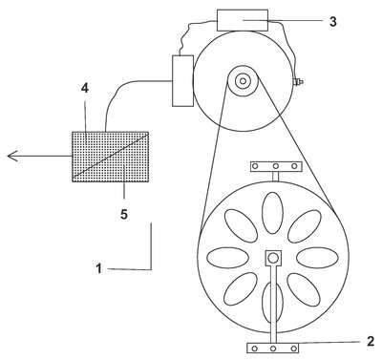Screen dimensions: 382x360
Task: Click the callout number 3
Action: coord(332,21)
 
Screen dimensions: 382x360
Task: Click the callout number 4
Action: coord(84,88)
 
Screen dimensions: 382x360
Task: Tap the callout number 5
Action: coord(124,214)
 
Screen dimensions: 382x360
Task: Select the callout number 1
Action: coord(99,268)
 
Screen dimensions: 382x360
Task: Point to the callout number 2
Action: coord(371,341)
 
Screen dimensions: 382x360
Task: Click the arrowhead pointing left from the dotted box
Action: coord(12,156)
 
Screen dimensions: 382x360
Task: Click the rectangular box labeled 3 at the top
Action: coord(243,20)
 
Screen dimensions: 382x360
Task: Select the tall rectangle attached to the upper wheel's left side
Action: coord(182,80)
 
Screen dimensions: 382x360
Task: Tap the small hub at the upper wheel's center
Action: coord(243,81)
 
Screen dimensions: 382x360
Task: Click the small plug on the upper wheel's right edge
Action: coord(297,82)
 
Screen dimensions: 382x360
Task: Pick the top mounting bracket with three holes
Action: coord(276,166)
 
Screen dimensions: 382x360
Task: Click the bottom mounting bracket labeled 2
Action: coord(273,348)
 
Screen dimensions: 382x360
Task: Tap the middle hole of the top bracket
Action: coord(276,166)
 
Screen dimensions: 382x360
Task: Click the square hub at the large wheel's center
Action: coord(273,258)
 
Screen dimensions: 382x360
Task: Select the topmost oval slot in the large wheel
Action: coord(272,213)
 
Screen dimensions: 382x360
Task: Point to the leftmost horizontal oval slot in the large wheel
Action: coord(228,258)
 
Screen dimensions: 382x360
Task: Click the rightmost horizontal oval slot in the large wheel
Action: coord(317,258)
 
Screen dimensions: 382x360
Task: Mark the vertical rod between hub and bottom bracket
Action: coord(273,303)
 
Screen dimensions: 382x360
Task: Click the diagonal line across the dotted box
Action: coord(111,156)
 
